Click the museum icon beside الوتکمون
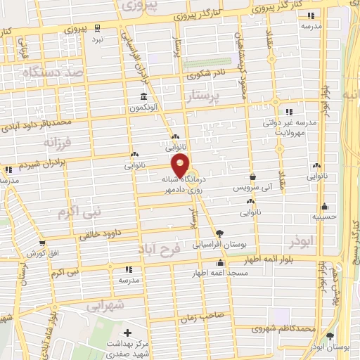143,96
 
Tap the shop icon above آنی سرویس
252,176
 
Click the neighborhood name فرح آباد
176,248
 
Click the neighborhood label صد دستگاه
53,73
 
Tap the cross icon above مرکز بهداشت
127,332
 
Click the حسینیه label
324,217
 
